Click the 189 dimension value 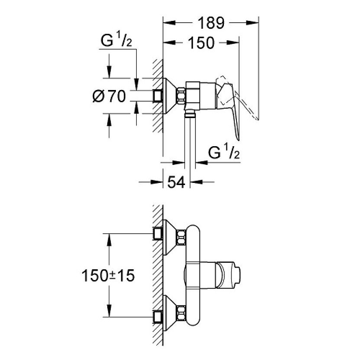[x=211, y=23]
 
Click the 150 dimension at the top [x=201, y=43]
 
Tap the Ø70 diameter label [x=109, y=96]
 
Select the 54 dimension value [x=176, y=182]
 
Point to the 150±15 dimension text [x=108, y=275]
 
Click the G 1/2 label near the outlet [x=224, y=151]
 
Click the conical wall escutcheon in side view [x=170, y=96]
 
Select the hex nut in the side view [x=181, y=96]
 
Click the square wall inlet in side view [x=158, y=96]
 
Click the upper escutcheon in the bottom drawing [x=170, y=237]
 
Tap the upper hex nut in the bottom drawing [x=181, y=237]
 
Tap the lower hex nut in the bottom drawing [x=181, y=313]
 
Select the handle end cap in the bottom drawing [x=238, y=275]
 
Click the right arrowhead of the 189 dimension [x=253, y=23]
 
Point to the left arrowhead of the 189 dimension [x=169, y=23]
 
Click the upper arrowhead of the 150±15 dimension [x=109, y=240]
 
